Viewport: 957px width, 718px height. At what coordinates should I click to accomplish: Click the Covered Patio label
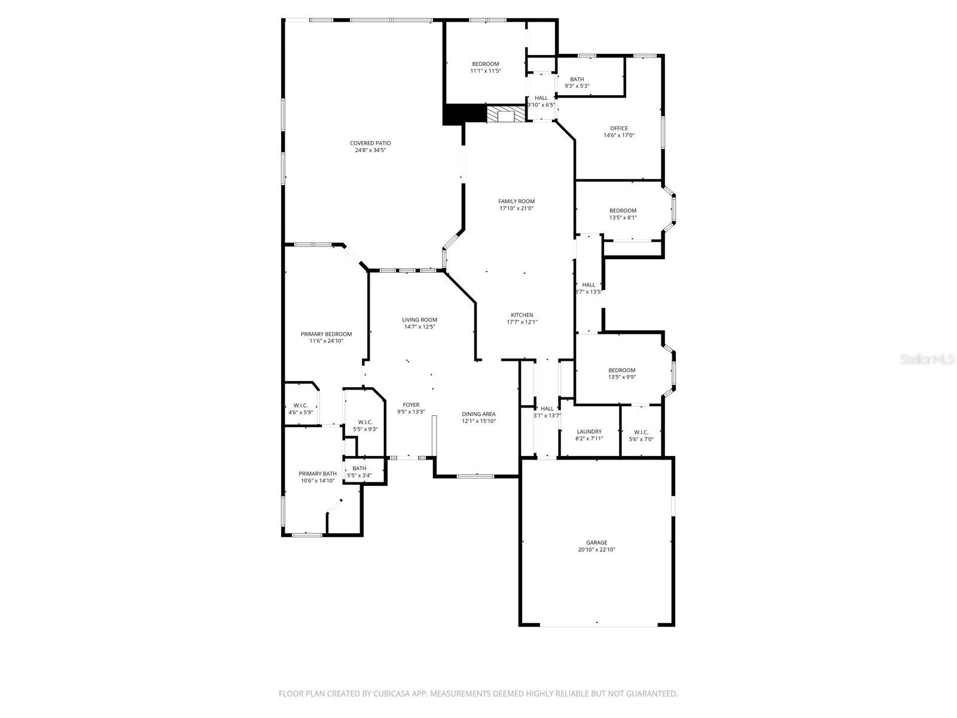(x=370, y=143)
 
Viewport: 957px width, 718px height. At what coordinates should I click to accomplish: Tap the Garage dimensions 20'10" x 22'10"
(x=596, y=549)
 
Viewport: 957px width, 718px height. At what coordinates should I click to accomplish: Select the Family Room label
(x=516, y=201)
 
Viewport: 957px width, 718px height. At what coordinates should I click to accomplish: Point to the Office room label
(x=619, y=128)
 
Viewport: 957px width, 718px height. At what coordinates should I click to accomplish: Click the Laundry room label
(x=589, y=431)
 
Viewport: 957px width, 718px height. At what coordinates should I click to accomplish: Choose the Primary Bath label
(x=318, y=473)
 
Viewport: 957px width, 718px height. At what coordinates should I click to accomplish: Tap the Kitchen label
(x=522, y=315)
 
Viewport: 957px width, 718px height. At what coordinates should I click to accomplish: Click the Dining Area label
(x=478, y=413)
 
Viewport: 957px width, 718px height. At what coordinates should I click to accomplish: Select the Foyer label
(x=411, y=404)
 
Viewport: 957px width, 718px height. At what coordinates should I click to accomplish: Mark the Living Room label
(x=419, y=320)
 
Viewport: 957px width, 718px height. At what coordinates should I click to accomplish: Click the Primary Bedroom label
(x=326, y=334)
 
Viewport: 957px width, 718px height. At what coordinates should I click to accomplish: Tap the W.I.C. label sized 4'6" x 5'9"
(x=300, y=405)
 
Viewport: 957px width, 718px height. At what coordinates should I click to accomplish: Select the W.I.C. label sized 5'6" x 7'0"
(x=641, y=432)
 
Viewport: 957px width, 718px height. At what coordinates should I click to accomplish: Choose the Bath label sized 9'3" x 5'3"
(x=577, y=79)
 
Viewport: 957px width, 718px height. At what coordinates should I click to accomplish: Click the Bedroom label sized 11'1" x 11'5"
(x=485, y=64)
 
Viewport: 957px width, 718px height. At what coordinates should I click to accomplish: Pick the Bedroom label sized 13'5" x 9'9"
(x=622, y=370)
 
